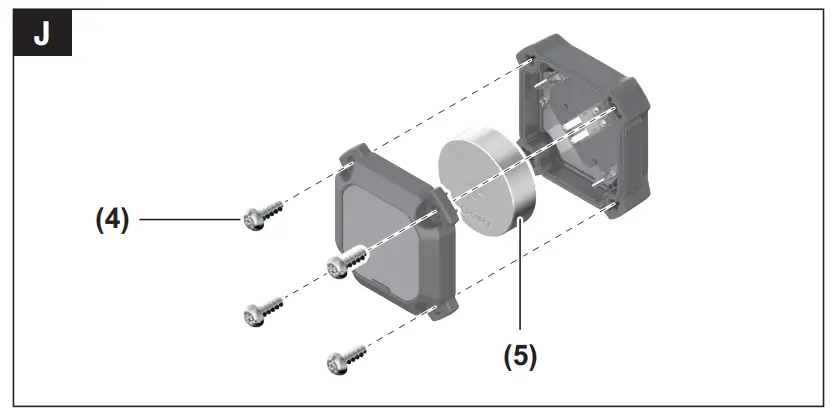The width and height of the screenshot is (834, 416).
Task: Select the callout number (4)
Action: coord(112,219)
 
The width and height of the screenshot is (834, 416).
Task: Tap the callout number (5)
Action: coord(520,356)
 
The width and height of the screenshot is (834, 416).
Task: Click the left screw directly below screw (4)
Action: coord(256,313)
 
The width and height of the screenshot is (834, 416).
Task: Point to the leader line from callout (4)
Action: coord(190,219)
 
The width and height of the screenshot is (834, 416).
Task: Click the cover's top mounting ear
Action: coord(358,156)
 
